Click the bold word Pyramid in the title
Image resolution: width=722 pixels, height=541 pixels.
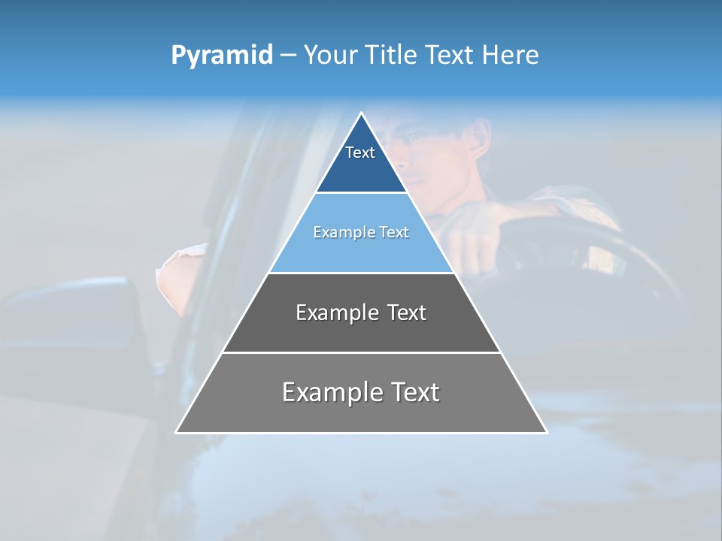pos(221,56)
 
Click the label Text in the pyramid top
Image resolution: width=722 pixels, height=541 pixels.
pos(360,153)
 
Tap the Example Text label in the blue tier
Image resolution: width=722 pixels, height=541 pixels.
pos(361,232)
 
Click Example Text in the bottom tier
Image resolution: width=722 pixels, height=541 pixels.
pos(361,392)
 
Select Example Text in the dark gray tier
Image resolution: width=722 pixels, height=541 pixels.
pos(361,313)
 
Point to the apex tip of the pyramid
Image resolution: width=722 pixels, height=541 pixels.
pos(361,114)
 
